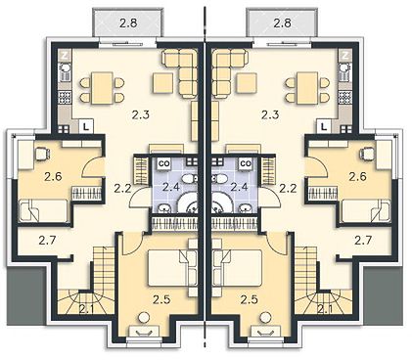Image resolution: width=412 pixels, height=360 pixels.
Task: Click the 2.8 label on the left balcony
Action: click(127, 22)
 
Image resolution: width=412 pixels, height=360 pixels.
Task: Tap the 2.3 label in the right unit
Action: click(271, 114)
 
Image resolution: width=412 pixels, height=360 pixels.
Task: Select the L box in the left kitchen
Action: click(86, 126)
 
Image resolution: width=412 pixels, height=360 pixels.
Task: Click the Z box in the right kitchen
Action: click(345, 55)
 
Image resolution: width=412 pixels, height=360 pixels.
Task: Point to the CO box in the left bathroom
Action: click(162, 163)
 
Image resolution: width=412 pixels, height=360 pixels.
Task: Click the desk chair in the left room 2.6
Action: click(42, 154)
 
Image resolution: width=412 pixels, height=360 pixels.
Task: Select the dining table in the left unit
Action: click(102, 88)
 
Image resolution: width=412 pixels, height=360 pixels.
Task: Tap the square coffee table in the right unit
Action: click(247, 83)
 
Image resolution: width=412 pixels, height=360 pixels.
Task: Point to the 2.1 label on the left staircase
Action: click(85, 308)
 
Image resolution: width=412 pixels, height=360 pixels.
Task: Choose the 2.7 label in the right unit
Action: click(363, 241)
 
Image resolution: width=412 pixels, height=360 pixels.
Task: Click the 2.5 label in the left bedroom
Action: click(162, 299)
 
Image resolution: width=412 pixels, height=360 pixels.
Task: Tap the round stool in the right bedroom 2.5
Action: click(266, 317)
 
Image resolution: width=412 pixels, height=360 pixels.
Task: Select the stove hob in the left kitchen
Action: click(65, 98)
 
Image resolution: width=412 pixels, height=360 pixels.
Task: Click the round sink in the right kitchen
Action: click(344, 67)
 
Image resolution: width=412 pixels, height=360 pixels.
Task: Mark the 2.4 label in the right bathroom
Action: click(239, 187)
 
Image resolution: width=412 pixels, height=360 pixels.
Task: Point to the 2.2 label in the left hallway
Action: click(122, 188)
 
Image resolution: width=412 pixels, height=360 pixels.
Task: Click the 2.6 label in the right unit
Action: click(357, 177)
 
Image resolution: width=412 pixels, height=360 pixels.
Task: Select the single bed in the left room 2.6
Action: click(43, 211)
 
